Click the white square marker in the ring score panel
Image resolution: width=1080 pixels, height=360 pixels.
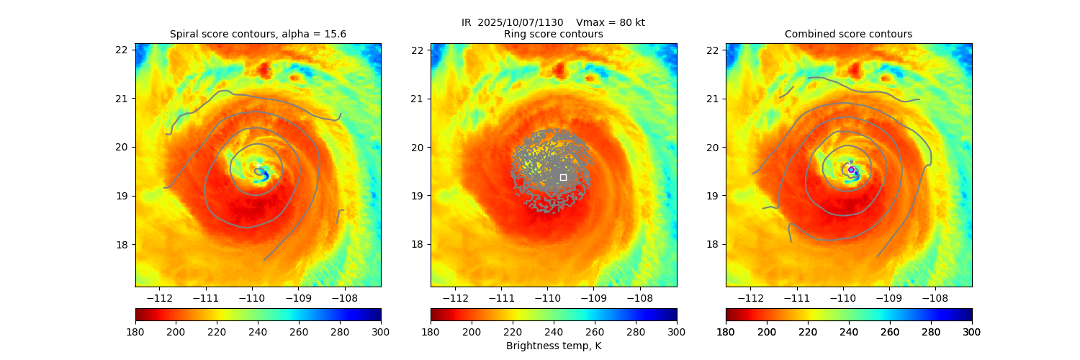click(x=563, y=177)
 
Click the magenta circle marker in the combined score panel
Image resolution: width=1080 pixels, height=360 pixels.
click(x=851, y=169)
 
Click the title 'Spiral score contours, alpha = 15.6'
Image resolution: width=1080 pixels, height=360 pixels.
click(x=258, y=34)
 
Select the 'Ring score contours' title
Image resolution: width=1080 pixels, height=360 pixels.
click(x=553, y=34)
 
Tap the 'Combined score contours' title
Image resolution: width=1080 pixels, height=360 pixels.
click(x=848, y=34)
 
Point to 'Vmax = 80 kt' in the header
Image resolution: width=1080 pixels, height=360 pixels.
click(x=611, y=22)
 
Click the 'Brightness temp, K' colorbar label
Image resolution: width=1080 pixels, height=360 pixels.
click(x=553, y=346)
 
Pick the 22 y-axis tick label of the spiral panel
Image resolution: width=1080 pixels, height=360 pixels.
click(x=122, y=50)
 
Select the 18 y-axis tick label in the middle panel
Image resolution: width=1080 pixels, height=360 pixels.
click(x=417, y=244)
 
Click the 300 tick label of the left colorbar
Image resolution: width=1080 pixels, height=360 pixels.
click(x=381, y=331)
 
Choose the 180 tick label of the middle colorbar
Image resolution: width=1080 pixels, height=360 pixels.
click(x=431, y=331)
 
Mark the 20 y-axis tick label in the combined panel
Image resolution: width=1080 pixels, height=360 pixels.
click(x=712, y=147)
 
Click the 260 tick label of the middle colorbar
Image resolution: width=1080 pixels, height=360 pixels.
click(x=595, y=331)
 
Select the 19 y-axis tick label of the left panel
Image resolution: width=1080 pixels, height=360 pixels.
click(x=122, y=196)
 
